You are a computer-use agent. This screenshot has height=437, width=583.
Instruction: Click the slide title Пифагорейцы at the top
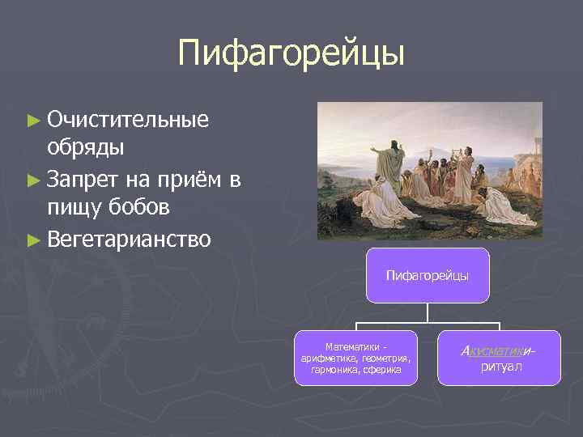pyautogui.click(x=291, y=53)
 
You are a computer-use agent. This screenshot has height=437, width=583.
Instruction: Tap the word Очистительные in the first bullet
pyautogui.click(x=128, y=120)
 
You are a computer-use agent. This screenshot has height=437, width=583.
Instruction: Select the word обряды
pyautogui.click(x=85, y=148)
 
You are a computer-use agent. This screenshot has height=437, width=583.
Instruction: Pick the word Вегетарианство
pyautogui.click(x=130, y=239)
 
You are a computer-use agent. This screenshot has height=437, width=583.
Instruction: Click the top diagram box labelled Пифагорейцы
pyautogui.click(x=427, y=276)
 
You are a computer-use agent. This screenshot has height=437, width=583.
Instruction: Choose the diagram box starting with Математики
pyautogui.click(x=355, y=357)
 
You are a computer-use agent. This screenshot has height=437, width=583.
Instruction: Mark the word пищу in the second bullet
pyautogui.click(x=74, y=207)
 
